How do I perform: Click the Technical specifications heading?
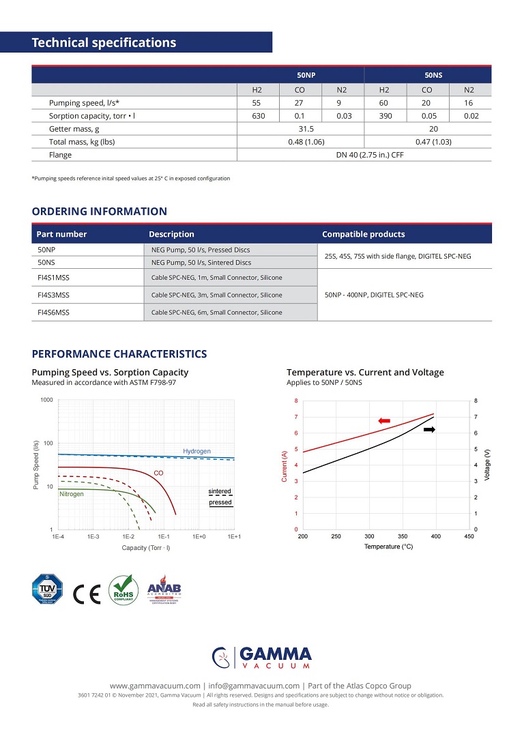(x=104, y=43)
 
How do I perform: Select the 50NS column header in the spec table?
(x=428, y=75)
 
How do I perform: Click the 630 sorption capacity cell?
(x=258, y=116)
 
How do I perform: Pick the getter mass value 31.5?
(x=301, y=129)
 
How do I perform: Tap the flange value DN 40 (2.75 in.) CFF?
(x=364, y=155)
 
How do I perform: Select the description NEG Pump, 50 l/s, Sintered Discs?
(x=201, y=262)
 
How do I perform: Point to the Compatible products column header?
(x=363, y=234)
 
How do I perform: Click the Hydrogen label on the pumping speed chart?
(x=196, y=451)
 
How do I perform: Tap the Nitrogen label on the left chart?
(x=72, y=493)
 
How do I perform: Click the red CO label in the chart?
(x=158, y=473)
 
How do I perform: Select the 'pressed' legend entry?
(x=220, y=503)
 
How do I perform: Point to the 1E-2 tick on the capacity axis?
(x=128, y=537)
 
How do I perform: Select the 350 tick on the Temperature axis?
(x=403, y=537)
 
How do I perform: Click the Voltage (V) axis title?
(x=488, y=464)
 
